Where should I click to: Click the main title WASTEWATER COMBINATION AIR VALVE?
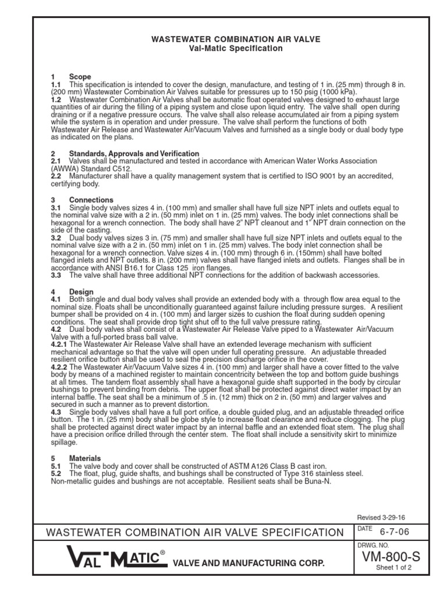[236, 39]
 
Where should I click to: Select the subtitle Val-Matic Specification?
[236, 48]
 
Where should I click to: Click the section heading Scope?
[80, 77]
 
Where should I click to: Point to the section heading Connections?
[91, 200]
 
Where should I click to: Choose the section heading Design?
[81, 292]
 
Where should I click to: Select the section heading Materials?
[85, 458]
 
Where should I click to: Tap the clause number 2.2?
[56, 176]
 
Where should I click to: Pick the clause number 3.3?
[56, 275]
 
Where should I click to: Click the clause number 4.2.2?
[60, 368]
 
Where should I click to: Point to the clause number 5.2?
[56, 474]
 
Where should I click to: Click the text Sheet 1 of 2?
[393, 568]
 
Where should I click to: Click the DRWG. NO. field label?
[370, 546]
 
